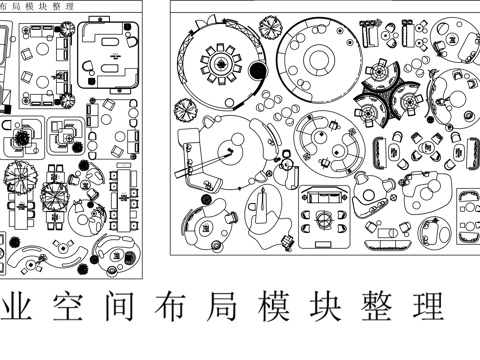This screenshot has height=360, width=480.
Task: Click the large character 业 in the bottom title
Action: [x=14, y=308]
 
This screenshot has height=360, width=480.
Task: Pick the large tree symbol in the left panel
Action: [x=19, y=179]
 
